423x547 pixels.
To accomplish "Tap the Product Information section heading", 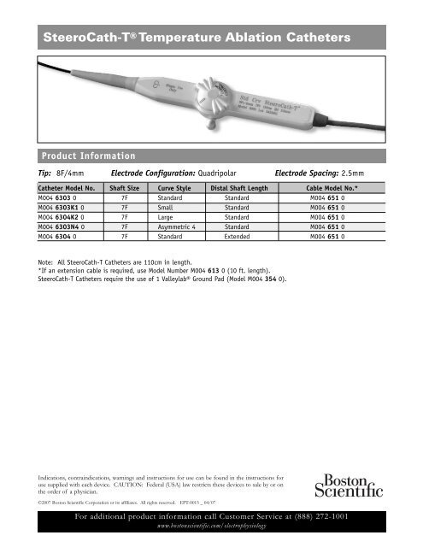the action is pos(85,156).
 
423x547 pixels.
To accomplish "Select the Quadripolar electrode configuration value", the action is pos(206,172).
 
